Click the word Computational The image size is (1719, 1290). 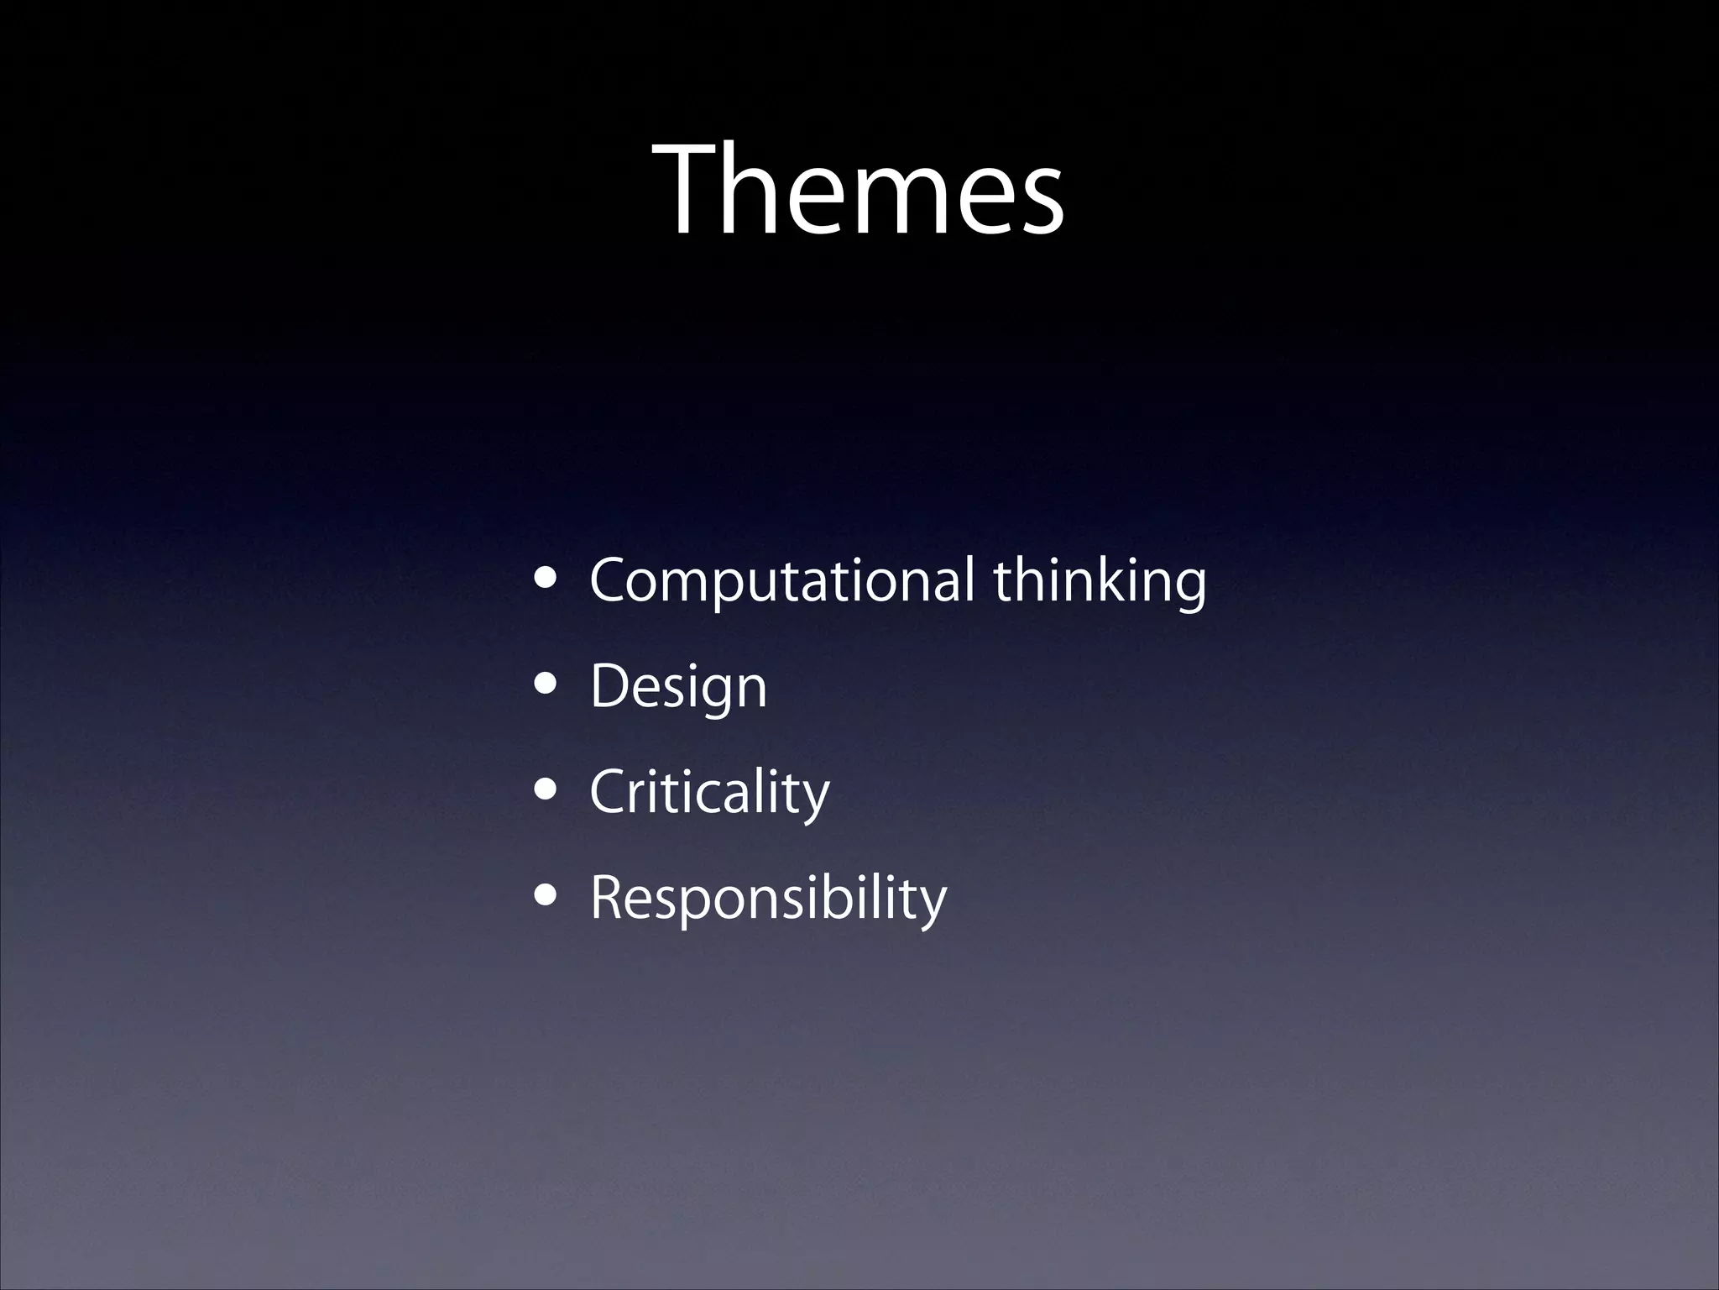(x=781, y=580)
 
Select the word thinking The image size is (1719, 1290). (x=1100, y=580)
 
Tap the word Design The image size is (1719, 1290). (x=678, y=687)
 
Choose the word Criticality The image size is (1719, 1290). (x=709, y=793)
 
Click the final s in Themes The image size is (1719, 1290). (x=1041, y=202)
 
